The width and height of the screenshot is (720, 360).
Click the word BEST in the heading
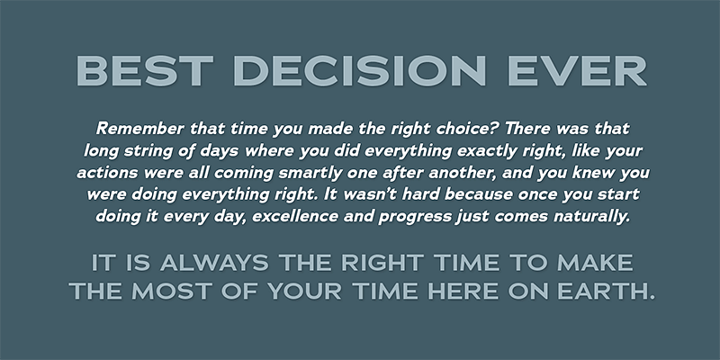tap(144, 71)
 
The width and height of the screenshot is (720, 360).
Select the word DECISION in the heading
tap(359, 71)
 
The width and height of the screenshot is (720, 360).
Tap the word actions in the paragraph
tap(107, 173)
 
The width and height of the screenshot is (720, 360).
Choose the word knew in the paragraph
tap(595, 173)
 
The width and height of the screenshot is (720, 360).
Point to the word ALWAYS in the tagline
tap(214, 263)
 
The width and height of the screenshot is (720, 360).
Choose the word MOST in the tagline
tap(172, 292)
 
